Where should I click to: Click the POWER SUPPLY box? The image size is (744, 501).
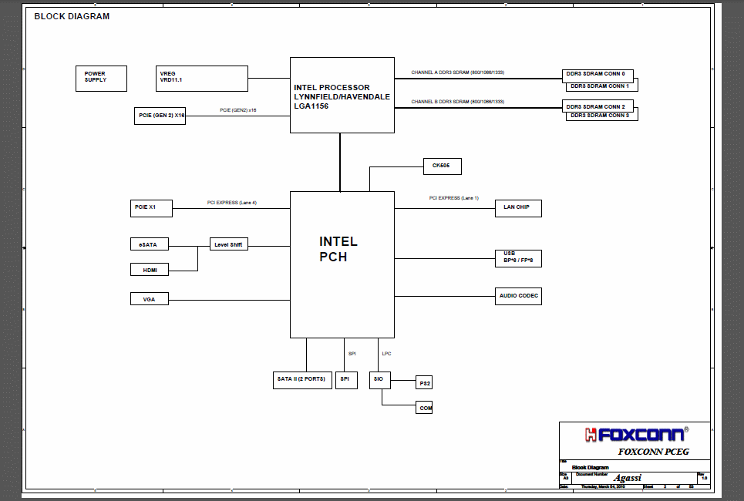[101, 78]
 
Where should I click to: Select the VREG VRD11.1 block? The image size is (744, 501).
[202, 78]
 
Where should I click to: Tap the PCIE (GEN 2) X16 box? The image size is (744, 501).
[160, 116]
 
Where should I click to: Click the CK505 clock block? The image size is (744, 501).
[442, 166]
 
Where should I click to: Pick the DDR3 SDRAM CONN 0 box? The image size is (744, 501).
[597, 75]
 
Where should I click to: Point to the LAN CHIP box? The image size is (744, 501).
[517, 208]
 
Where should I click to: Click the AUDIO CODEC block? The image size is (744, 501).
[518, 296]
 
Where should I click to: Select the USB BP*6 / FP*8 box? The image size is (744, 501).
[518, 257]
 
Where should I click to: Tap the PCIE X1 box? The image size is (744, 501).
[151, 207]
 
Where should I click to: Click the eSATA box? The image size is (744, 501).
[149, 244]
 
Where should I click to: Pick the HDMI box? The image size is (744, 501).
[149, 269]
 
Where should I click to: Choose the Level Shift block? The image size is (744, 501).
[228, 244]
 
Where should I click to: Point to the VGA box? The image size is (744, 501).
[149, 299]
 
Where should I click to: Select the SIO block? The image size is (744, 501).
[378, 379]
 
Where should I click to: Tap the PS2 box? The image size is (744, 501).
[424, 383]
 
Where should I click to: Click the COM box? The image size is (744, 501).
[425, 408]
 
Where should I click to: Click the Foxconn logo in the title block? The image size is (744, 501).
[634, 435]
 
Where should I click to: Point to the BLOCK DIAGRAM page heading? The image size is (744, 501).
[72, 16]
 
